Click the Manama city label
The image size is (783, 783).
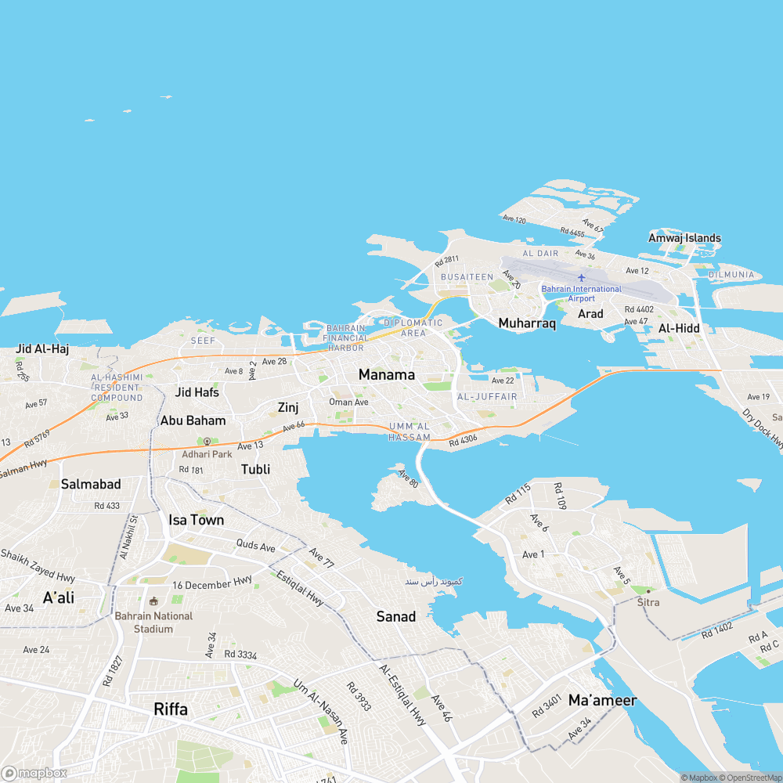[386, 375]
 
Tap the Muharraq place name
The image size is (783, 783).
[527, 323]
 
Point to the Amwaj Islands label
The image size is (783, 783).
[684, 238]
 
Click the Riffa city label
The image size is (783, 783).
[171, 709]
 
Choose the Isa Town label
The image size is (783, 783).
[196, 520]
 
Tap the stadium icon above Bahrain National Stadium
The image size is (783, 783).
[153, 601]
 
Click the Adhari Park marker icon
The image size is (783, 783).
[207, 442]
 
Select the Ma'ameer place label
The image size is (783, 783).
[602, 700]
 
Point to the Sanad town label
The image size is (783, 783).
[396, 617]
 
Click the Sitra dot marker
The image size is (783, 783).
[648, 591]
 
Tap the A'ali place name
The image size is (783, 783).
[59, 598]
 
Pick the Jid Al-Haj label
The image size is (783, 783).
[42, 349]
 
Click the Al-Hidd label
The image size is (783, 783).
[679, 328]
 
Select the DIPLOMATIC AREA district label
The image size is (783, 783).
[413, 327]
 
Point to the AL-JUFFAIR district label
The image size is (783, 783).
[487, 397]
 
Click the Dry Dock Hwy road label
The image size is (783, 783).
[763, 429]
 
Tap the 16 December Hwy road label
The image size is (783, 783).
[212, 584]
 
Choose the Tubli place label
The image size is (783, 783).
[256, 469]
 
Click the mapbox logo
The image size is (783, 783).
[34, 773]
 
